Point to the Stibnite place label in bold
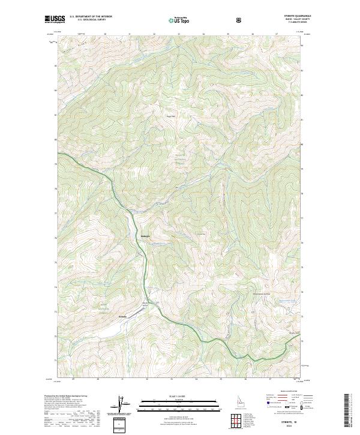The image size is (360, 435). click(122, 316)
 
